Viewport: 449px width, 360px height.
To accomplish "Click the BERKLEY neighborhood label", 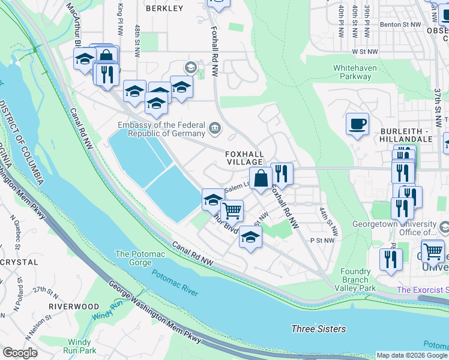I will coord(164,8).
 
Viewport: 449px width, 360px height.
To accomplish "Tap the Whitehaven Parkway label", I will coord(354,72).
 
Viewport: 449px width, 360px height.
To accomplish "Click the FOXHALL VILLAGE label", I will coord(244,158).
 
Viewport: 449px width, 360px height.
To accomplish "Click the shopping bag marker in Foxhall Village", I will coord(261,178).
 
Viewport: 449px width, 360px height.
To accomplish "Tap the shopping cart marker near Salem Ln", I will coord(232,211).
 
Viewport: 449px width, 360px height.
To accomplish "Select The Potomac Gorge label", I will coord(140,258).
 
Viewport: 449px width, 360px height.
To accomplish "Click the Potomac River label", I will coord(175,283).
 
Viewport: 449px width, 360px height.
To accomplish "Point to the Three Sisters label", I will coord(318,329).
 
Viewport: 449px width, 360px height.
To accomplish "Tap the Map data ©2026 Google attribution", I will coord(412,355).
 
